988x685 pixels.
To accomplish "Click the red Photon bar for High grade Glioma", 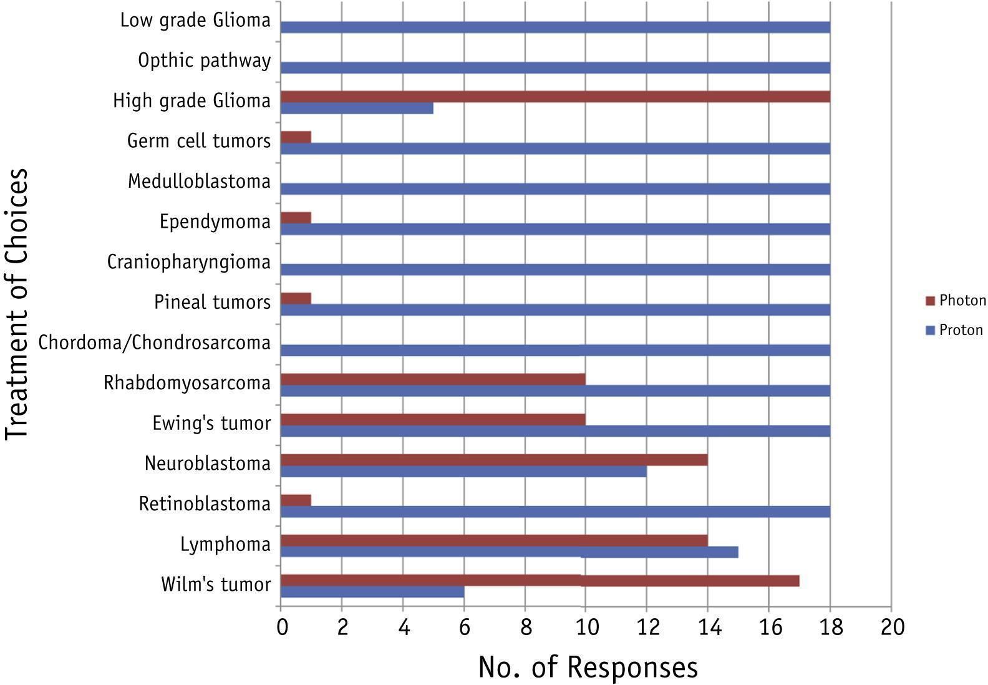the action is click(555, 97).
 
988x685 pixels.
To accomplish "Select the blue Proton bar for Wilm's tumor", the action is click(372, 592).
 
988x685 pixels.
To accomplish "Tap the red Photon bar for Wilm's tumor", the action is click(540, 581).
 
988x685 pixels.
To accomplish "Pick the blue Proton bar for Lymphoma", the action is click(510, 551).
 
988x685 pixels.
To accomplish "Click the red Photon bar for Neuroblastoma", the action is click(494, 460).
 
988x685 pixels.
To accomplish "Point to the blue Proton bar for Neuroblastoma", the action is click(463, 472).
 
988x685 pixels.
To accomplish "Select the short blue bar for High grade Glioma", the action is click(357, 108).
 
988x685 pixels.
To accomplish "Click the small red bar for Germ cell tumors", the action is click(296, 137).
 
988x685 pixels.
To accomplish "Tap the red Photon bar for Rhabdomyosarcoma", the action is click(433, 379).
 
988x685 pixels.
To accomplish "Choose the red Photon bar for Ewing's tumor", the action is click(433, 419).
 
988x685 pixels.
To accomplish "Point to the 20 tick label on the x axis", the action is click(893, 627).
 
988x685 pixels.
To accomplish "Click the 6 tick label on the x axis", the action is click(465, 627).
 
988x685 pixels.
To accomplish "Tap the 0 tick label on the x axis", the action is click(283, 627).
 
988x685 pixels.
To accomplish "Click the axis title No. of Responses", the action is click(588, 667).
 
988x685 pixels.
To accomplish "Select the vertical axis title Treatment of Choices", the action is click(17, 304).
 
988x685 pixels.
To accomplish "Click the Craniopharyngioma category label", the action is click(189, 263).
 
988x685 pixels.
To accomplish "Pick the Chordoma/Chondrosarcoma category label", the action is click(155, 342).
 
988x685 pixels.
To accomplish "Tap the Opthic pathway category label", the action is click(204, 61).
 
